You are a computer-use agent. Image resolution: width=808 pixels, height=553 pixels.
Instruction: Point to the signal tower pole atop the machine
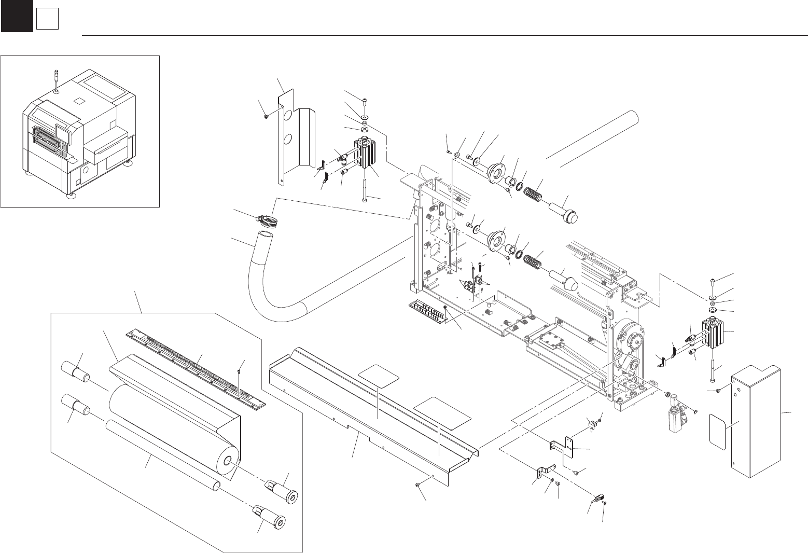click(x=56, y=78)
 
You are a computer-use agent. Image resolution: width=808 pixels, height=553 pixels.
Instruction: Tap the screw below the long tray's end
click(x=419, y=485)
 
